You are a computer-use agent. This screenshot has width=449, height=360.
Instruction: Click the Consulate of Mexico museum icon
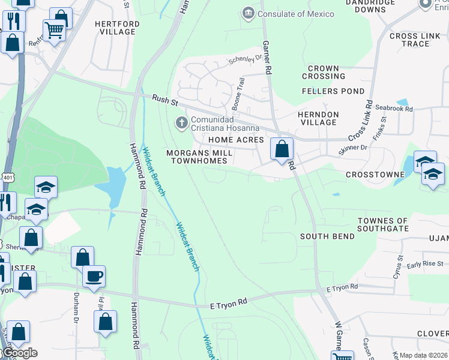coord(248,13)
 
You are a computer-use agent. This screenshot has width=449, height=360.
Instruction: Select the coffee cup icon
coord(94,277)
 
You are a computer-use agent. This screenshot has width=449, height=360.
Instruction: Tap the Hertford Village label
coord(117,29)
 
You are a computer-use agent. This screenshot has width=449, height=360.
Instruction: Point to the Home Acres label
coord(236,140)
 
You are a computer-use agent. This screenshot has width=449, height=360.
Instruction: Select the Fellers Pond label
coord(333,91)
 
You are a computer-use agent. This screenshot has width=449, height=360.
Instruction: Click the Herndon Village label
coord(318,118)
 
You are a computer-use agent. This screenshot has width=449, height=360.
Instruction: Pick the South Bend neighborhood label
coord(327,236)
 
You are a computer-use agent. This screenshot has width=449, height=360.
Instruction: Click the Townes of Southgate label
coord(383,225)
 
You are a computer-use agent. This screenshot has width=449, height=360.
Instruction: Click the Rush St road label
coord(162,99)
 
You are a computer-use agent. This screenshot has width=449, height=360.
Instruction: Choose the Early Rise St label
coord(425,264)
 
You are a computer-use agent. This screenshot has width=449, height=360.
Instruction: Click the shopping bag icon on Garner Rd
coord(282,148)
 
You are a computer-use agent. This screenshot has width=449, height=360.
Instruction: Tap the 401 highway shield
coord(6,178)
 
